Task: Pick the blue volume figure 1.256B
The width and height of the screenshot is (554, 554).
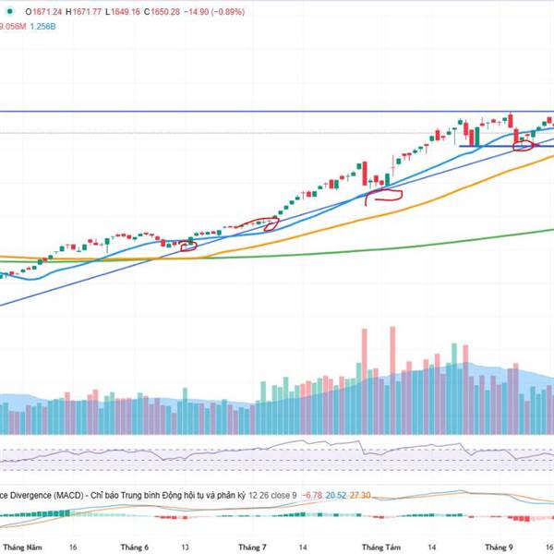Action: (43, 27)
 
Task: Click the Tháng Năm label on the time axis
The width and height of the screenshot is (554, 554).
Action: (22, 547)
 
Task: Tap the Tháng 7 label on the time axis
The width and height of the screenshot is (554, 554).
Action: (251, 547)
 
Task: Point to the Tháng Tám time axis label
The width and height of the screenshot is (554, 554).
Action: (381, 547)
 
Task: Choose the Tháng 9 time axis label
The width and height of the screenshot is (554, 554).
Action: (500, 547)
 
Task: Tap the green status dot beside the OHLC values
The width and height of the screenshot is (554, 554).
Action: (12, 11)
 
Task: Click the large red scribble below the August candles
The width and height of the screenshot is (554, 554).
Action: (384, 195)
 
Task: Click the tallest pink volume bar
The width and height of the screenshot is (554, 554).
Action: (393, 351)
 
